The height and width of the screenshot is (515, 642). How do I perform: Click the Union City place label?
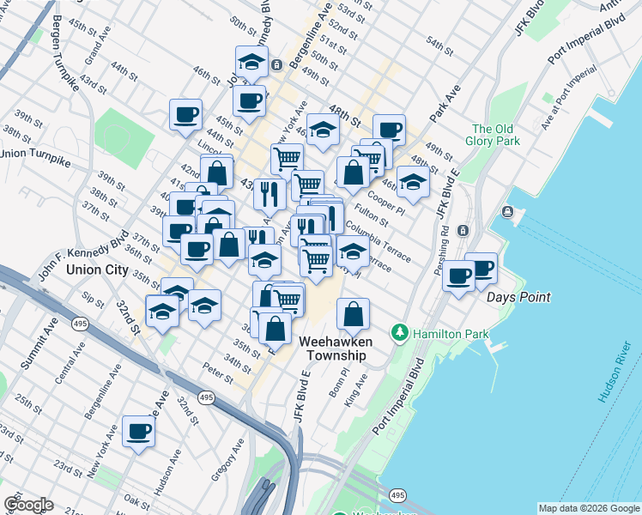tap(98, 270)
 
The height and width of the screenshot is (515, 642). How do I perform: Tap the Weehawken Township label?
tap(333, 348)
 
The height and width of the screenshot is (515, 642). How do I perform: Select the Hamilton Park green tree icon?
tap(398, 331)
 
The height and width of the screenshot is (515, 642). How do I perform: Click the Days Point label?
tap(518, 298)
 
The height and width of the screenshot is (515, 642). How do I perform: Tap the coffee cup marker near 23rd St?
tap(138, 431)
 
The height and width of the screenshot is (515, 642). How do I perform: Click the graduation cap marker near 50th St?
tap(251, 61)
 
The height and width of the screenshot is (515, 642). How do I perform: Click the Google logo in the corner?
tap(27, 505)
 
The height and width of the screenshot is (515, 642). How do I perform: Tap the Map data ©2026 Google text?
tap(588, 508)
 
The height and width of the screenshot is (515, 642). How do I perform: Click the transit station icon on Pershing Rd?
tap(463, 230)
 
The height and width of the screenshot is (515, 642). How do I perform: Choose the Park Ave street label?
tap(445, 101)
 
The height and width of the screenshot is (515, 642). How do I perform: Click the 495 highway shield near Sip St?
tap(81, 323)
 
